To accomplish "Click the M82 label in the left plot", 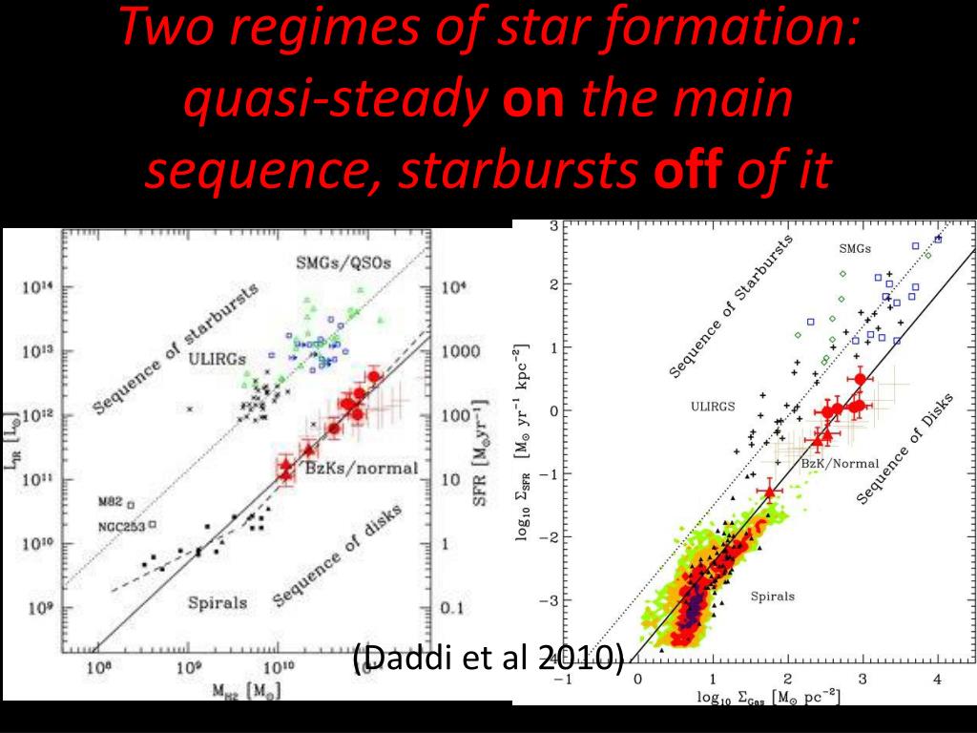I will click(112, 502).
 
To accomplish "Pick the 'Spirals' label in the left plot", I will click(217, 602).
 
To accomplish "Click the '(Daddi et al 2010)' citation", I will click(488, 659).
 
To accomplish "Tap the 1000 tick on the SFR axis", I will click(462, 352).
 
